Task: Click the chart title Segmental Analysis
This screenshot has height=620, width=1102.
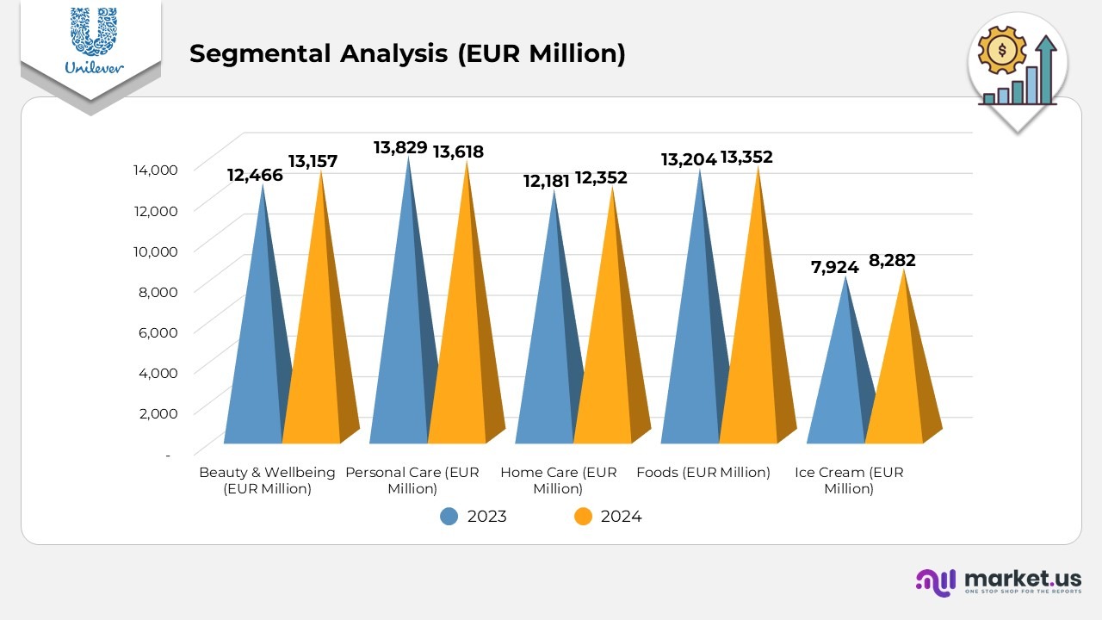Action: coord(407,53)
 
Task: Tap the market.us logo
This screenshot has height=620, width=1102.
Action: coord(998,581)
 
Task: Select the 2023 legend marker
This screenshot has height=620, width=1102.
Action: coord(449,517)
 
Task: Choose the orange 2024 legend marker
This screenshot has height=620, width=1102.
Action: coord(583,517)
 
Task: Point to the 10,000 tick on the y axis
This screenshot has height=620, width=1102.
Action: coord(158,251)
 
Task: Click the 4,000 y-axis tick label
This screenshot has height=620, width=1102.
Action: coord(158,372)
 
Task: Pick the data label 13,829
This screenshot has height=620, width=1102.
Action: coord(400,147)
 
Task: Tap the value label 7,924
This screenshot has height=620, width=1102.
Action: coord(835,267)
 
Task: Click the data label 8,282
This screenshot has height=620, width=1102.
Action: coord(892,260)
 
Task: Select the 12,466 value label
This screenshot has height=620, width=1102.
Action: coord(255,176)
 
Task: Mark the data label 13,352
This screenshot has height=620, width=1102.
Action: coord(746,157)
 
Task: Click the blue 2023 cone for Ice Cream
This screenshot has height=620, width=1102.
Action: coord(839,379)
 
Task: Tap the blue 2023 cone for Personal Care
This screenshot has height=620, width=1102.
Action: coord(401,344)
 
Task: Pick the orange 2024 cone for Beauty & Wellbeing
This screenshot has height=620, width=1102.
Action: coord(314,344)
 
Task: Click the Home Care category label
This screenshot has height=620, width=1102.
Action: coord(558,480)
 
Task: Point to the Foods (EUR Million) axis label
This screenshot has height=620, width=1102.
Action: coord(703,472)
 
